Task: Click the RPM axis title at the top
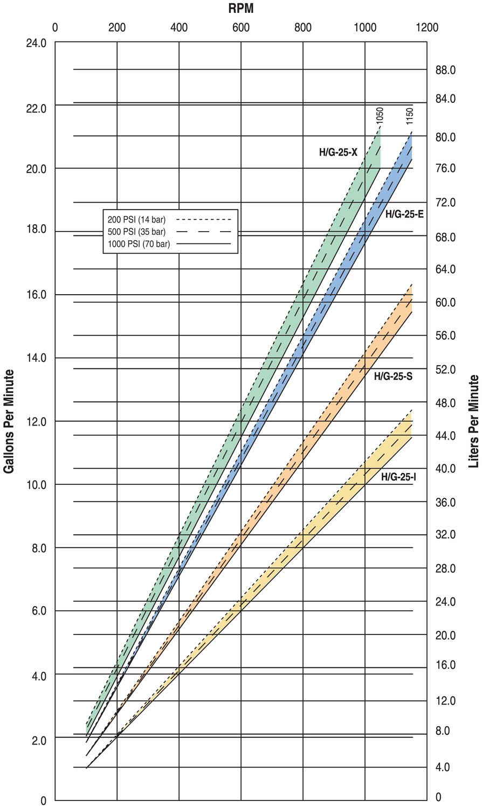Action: [x=240, y=8]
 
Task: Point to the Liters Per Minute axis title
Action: [x=473, y=421]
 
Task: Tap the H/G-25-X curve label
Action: [x=338, y=152]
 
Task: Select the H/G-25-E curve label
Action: [x=404, y=214]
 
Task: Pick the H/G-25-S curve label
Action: [x=393, y=376]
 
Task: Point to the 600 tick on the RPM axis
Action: [x=240, y=27]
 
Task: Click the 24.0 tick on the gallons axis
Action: [x=36, y=43]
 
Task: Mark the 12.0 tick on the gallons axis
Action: [x=36, y=421]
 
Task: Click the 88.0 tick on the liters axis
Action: [x=445, y=70]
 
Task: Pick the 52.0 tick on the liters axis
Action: [x=445, y=370]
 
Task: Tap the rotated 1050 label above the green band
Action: [x=380, y=116]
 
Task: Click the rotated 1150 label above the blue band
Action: [x=409, y=116]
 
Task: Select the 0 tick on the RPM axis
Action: [x=54, y=27]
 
